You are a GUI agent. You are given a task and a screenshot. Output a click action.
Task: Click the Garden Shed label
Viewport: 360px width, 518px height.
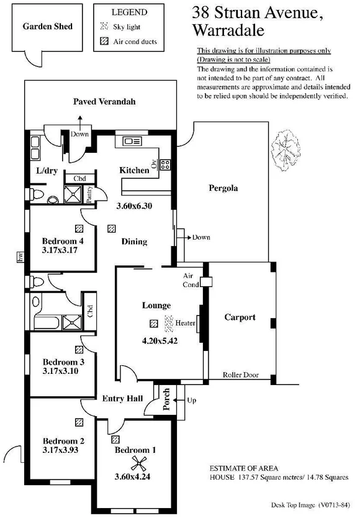[48, 26]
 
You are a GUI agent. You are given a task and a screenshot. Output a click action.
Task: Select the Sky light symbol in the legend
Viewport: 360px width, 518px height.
[104, 27]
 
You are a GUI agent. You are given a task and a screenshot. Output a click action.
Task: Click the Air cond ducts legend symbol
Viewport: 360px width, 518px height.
[104, 42]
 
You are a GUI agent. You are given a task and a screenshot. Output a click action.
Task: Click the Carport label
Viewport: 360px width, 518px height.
[240, 317]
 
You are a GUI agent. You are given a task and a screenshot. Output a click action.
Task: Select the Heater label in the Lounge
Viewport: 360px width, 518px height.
[186, 323]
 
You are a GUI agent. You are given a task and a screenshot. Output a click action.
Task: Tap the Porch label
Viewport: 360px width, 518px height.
[166, 399]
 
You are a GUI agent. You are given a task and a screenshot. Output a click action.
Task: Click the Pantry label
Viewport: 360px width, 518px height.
[91, 195]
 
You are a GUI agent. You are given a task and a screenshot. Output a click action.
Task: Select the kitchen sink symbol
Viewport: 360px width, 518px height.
[133, 142]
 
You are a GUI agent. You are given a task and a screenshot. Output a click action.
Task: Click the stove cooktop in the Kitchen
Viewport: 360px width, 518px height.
[165, 165]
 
